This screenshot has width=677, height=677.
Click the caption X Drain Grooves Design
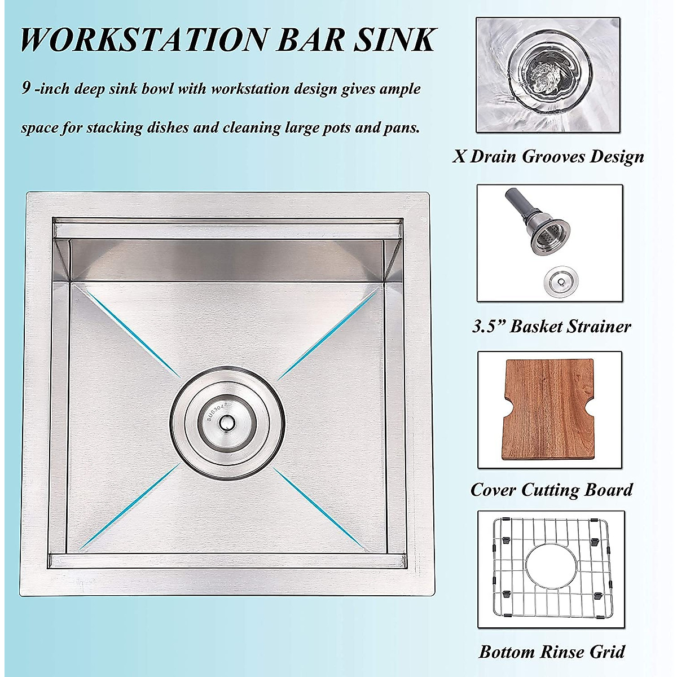point(548,156)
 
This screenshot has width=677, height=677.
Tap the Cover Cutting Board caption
point(551,489)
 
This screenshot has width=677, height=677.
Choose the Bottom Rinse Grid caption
point(551,652)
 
